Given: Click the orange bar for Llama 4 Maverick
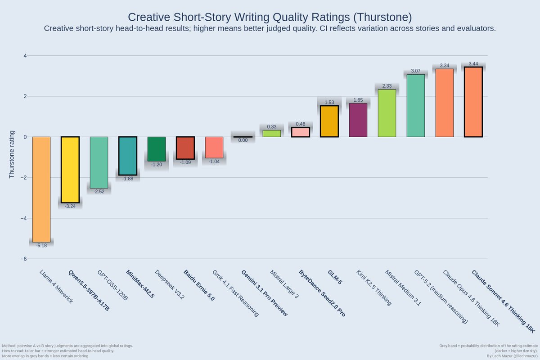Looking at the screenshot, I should point(41,189).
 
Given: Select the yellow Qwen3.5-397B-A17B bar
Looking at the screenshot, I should point(70,170).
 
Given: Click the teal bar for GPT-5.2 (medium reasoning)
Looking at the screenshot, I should point(416,106).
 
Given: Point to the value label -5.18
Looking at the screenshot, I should point(41,246).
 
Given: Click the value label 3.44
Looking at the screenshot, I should point(473,64).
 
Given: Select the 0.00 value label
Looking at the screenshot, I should point(243,140).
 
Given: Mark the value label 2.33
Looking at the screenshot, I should point(387,86).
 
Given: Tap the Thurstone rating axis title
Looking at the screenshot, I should point(12,155).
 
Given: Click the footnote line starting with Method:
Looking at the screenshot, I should point(67,346).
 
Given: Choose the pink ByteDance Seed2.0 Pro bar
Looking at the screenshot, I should point(301,132).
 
